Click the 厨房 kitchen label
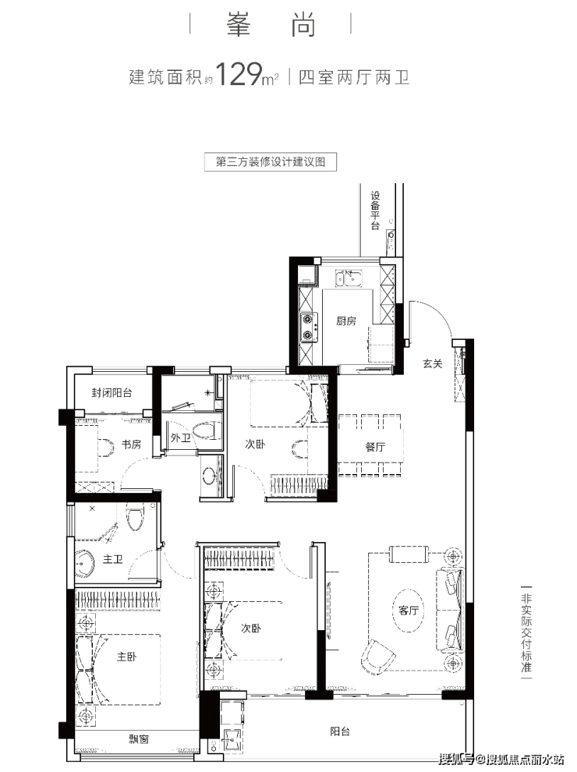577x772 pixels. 346,321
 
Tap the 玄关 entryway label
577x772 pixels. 432,363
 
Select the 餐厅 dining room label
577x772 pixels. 375,447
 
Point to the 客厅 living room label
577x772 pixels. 408,611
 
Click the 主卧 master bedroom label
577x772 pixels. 126,657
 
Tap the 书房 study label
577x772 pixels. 131,444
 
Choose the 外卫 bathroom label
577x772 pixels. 180,437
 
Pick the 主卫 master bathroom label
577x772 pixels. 113,559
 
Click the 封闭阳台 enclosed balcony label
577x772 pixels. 112,393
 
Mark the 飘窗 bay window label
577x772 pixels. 139,738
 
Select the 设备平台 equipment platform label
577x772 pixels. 376,211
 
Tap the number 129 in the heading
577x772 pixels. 239,74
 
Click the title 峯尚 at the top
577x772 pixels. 271,25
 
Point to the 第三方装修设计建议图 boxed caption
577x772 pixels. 271,162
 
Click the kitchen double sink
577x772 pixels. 349,278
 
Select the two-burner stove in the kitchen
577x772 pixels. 309,328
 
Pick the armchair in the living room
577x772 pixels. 378,655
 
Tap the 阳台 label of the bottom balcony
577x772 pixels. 340,731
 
